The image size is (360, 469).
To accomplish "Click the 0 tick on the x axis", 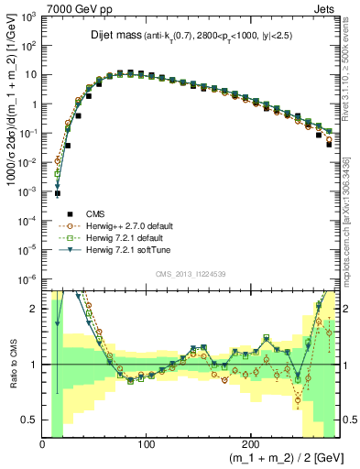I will [43, 443].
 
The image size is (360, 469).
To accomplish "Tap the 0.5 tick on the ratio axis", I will [29, 420].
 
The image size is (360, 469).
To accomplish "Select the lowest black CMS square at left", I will [57, 193].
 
